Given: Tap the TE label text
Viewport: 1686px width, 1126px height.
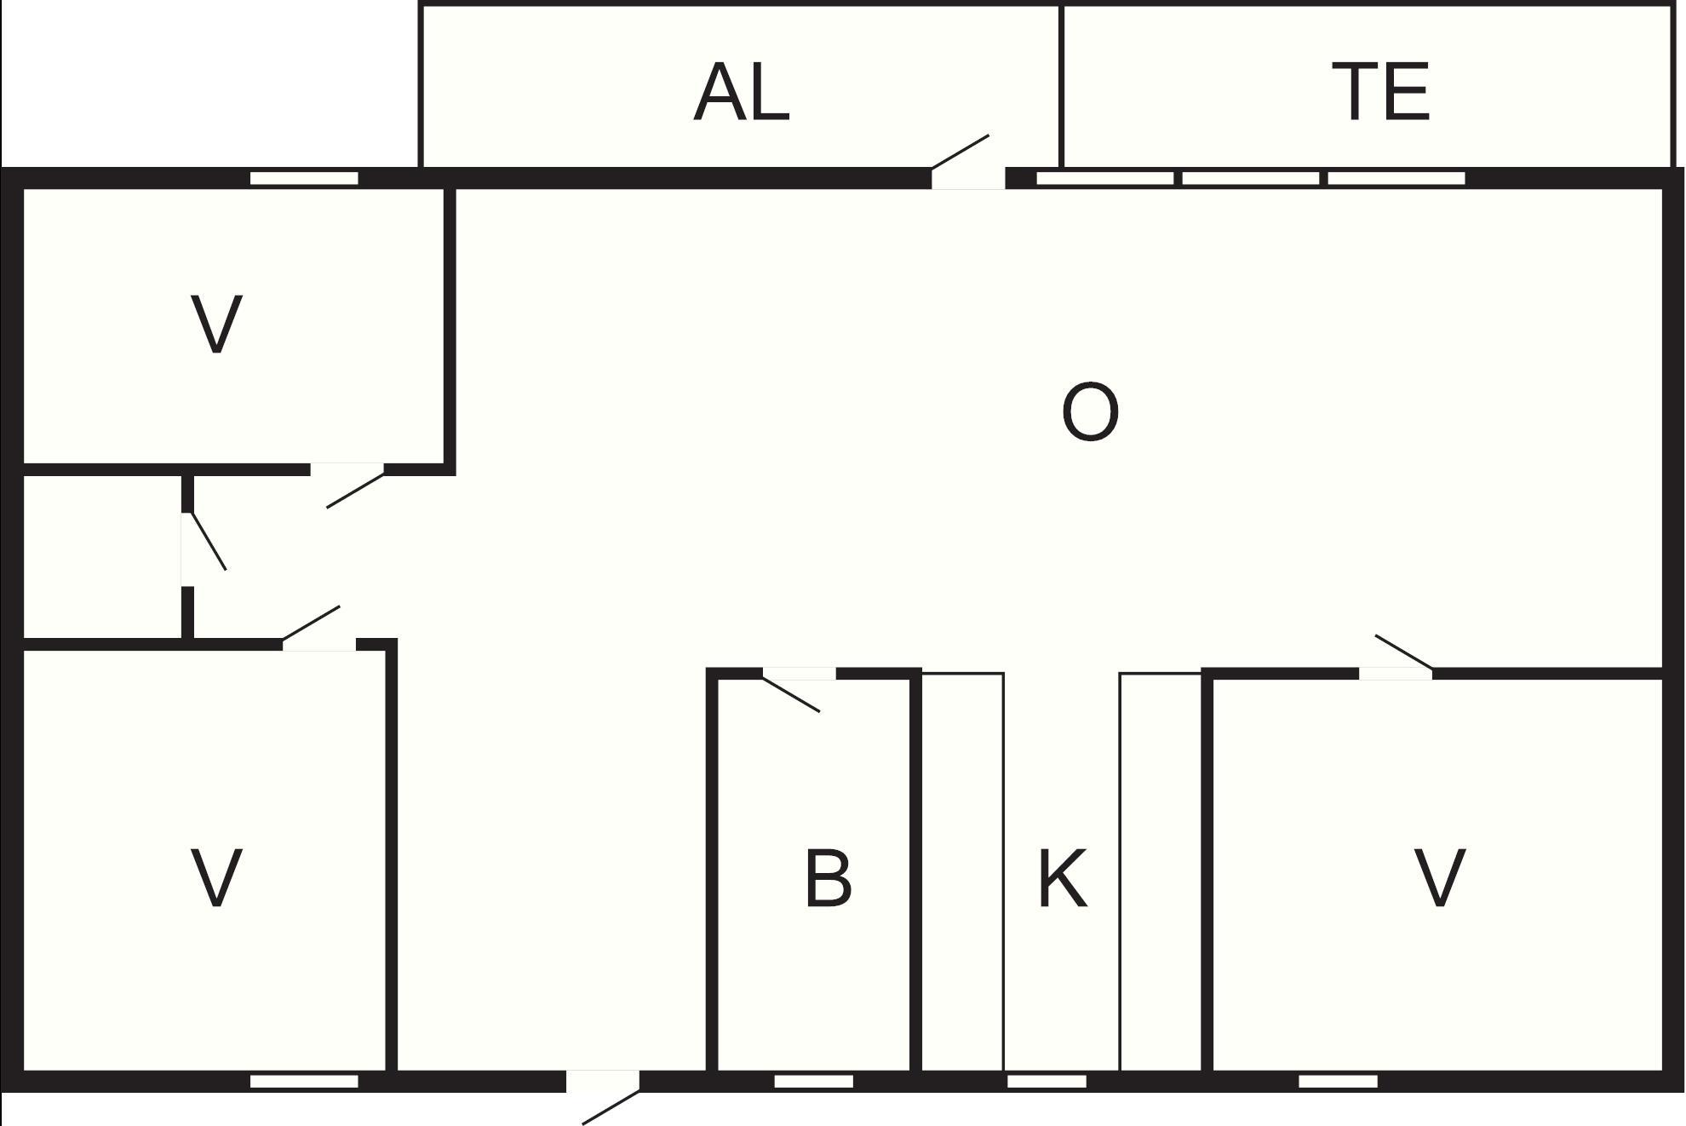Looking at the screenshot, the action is click(x=1380, y=91).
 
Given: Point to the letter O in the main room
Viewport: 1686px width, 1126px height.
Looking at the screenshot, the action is click(x=1090, y=412).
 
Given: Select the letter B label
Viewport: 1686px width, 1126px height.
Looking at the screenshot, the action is click(x=828, y=878).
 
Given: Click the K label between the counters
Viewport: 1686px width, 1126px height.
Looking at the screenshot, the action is click(x=1063, y=878).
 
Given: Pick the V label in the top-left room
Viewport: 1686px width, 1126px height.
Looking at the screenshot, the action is click(x=216, y=324).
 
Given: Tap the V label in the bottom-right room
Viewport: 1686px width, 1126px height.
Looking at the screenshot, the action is click(x=1439, y=878).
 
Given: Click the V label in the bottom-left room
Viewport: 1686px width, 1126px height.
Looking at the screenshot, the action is click(x=216, y=878).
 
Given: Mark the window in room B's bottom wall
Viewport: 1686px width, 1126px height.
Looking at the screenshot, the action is click(x=813, y=1082).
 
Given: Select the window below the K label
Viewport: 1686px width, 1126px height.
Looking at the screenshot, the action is click(x=1047, y=1082).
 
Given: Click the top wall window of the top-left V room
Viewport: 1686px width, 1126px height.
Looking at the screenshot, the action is click(x=304, y=178).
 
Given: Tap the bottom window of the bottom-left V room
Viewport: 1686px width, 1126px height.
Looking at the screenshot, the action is click(x=304, y=1082).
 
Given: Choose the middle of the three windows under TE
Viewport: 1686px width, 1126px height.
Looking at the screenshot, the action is click(x=1251, y=178).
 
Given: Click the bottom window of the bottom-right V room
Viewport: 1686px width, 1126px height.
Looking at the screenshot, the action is click(x=1338, y=1082).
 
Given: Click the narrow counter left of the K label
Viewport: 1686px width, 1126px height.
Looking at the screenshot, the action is click(x=963, y=872).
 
